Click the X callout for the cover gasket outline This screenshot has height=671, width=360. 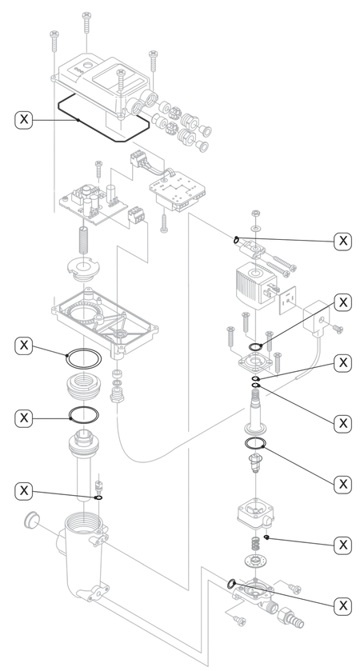coord(23,118)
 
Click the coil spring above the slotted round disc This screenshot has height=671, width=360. coord(83,242)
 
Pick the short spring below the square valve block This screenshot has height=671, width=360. coord(255,545)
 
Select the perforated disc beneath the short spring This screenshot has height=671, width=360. coord(255,560)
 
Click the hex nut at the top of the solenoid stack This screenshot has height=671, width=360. coord(255,213)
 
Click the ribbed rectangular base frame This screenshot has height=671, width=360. coord(105,320)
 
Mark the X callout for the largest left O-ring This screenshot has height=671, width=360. coord(23,345)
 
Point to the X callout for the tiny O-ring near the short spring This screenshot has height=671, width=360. coord(343,545)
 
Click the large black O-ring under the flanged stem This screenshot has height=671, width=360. coord(255,443)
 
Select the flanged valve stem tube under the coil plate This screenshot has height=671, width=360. coord(255,412)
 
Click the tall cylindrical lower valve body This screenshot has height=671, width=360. coord(83,557)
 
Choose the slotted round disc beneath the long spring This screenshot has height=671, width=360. coord(83,270)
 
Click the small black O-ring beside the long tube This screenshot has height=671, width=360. coord(98,497)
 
